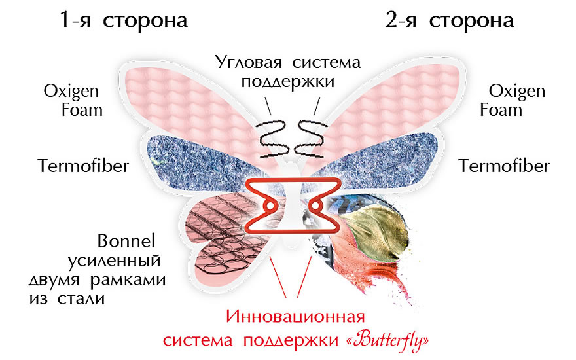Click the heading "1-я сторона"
124,20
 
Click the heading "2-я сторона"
449,20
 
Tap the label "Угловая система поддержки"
289,72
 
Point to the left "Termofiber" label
82,165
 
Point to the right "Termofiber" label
504,165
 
